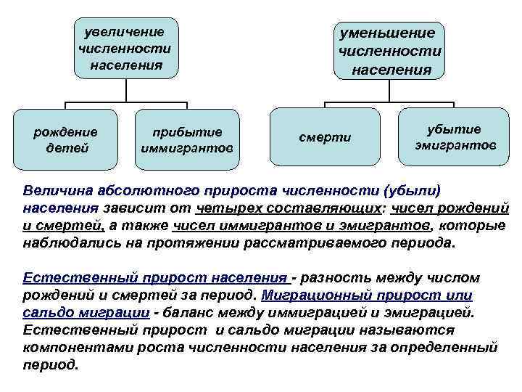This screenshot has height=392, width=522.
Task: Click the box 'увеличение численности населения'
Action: (x=126, y=48)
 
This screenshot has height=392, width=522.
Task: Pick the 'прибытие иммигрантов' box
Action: (x=186, y=140)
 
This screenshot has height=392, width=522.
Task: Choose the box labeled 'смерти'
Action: (x=325, y=138)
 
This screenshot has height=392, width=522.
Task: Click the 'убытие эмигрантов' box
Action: (x=455, y=137)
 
